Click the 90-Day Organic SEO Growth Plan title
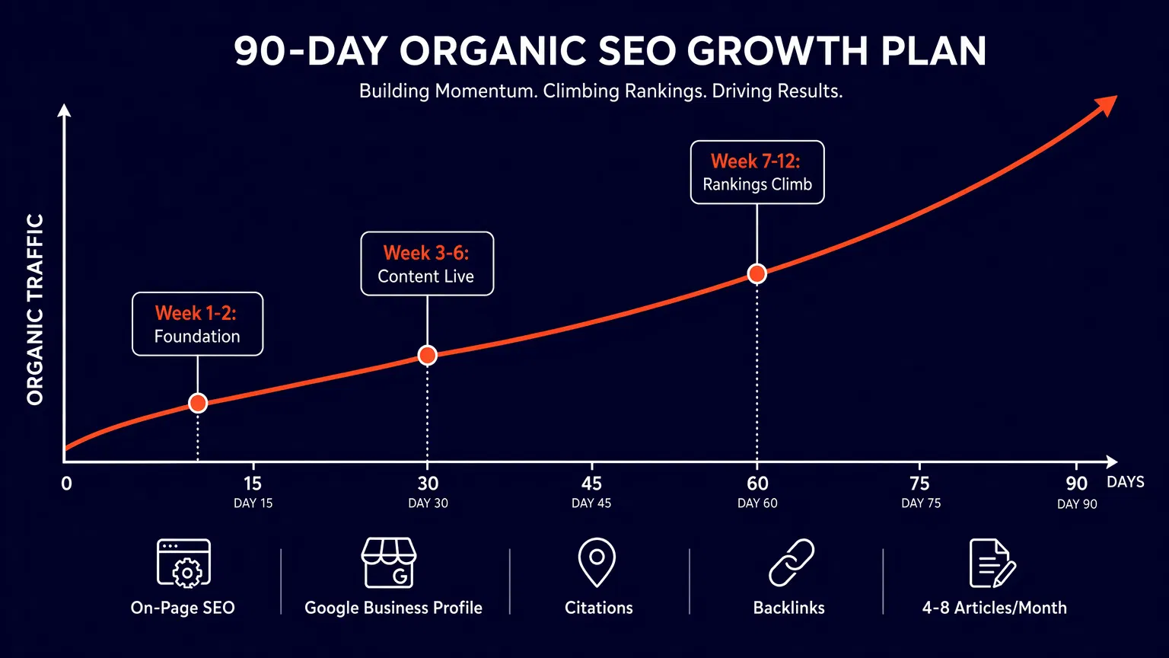tap(610, 52)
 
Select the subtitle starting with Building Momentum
tap(600, 91)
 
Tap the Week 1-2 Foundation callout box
tap(197, 324)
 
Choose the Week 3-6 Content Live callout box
tap(427, 264)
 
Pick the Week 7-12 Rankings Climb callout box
tap(757, 172)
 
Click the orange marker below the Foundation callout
tap(198, 403)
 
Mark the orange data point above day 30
tap(428, 355)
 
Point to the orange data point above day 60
tap(757, 274)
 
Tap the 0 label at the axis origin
tap(67, 484)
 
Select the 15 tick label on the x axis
tap(253, 484)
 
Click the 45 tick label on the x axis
tap(591, 484)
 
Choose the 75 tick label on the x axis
tap(919, 484)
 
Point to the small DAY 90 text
tap(1077, 504)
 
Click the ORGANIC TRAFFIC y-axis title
tap(35, 309)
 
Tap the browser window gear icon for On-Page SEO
tap(183, 563)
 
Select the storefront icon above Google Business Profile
tap(389, 563)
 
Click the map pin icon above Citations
tap(597, 563)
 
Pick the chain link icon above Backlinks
tap(791, 563)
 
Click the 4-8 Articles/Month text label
tap(994, 608)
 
